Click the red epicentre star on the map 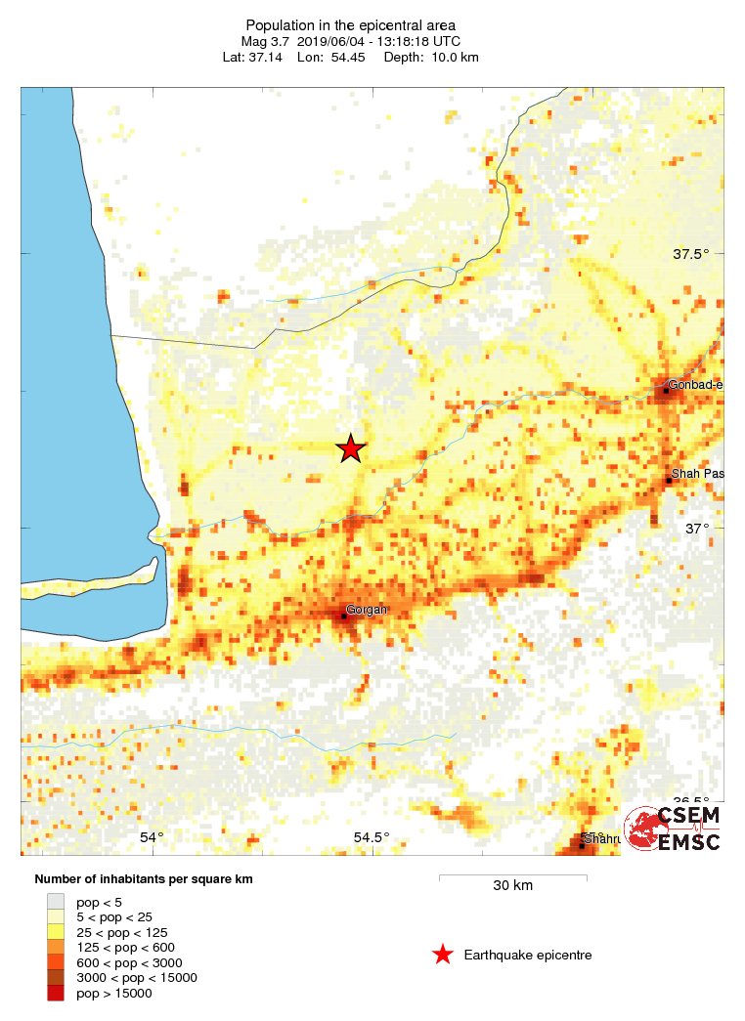pos(351,448)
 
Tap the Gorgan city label pos(367,610)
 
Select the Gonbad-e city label pos(695,385)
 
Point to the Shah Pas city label pos(698,474)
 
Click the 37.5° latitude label pos(690,254)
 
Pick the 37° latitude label pos(697,529)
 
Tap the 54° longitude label pos(152,837)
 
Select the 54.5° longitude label pos(372,837)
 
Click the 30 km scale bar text pos(512,886)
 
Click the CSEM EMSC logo pos(674,829)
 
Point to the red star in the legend pos(443,955)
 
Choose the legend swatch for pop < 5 pos(56,902)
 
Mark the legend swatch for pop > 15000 pos(56,993)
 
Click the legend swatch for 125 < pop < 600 pos(56,947)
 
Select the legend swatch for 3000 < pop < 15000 pos(56,977)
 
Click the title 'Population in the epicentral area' pos(351,24)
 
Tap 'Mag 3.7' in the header pos(265,41)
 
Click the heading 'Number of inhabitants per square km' pos(144,879)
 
